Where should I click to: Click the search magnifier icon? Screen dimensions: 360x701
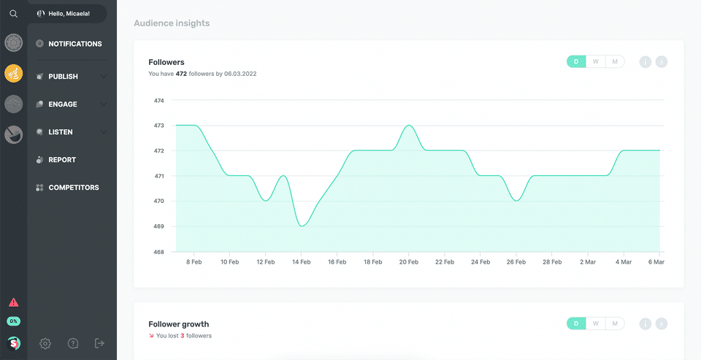[x=13, y=13]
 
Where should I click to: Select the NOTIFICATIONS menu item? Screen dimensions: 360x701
[x=74, y=44]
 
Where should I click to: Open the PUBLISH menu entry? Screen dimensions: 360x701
[x=63, y=77]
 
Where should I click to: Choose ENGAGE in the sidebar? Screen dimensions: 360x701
[x=62, y=104]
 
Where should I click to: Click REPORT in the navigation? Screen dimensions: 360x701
[x=61, y=160]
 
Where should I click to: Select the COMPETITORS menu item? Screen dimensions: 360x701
[x=73, y=188]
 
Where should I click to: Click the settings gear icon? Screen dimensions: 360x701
[x=45, y=343]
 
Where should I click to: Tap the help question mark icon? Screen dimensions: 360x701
[x=73, y=343]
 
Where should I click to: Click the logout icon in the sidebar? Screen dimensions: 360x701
[x=100, y=343]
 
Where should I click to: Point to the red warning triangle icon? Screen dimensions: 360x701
[x=13, y=302]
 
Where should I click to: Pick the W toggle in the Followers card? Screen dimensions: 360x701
[x=596, y=61]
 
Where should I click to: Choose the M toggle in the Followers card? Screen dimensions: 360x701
[x=615, y=61]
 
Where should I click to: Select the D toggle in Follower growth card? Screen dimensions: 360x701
[x=576, y=323]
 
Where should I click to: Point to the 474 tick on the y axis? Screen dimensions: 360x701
[x=159, y=101]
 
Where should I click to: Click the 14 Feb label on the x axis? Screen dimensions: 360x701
[x=302, y=261]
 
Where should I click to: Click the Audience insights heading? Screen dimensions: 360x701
[x=172, y=23]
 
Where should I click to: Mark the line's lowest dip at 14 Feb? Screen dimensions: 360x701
[x=302, y=226]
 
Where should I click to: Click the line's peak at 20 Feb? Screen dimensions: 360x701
[x=409, y=126]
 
